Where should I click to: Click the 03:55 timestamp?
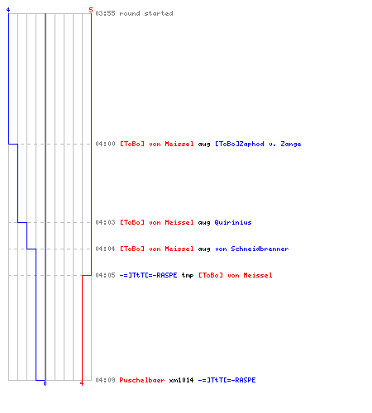[105, 13]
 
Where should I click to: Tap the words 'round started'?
[146, 13]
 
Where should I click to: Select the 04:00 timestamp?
[105, 144]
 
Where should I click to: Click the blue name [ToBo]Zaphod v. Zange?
[258, 144]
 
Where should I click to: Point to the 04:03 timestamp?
[105, 222]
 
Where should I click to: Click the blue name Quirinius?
[233, 222]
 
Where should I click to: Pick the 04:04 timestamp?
[105, 249]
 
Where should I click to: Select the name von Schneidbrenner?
[252, 249]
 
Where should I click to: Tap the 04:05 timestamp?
[105, 275]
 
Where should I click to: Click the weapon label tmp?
[188, 275]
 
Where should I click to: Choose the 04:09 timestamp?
[105, 380]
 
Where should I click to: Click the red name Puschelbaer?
[142, 380]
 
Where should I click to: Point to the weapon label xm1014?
[181, 380]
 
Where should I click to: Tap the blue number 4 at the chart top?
[8, 10]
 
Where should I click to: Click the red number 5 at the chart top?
[91, 10]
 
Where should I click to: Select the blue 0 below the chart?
[45, 383]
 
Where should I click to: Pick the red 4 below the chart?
[82, 383]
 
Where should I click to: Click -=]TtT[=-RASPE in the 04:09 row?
[227, 380]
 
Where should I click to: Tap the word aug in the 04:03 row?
[204, 223]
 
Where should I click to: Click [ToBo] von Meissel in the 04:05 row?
[236, 275]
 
